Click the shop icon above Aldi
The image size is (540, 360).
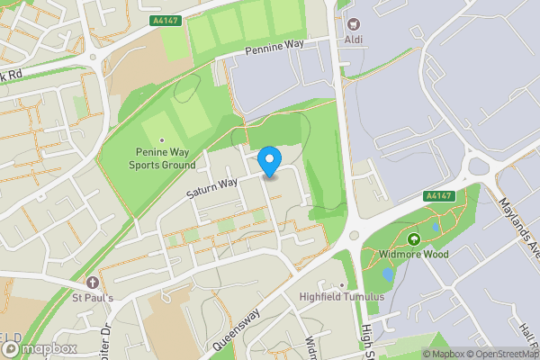click(352, 23)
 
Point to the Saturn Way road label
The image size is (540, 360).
click(211, 185)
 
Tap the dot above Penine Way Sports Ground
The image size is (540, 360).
click(162, 140)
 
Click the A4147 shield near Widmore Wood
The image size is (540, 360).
click(438, 195)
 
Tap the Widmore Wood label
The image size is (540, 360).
click(414, 255)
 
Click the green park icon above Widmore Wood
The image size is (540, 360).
click(414, 238)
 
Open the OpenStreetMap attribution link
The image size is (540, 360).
click(498, 353)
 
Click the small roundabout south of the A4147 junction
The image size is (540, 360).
click(353, 237)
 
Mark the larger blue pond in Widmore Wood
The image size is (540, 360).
click(388, 274)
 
